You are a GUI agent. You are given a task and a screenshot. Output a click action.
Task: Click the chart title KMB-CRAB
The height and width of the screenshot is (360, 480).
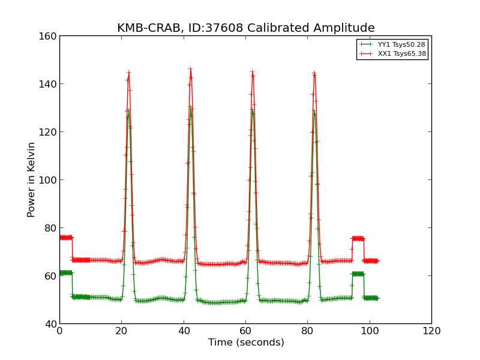[245, 28]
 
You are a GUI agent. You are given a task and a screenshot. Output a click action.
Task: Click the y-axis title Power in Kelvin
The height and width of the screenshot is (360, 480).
[32, 179]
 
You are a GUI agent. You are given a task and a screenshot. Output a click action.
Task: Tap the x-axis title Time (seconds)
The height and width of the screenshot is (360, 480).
[246, 343]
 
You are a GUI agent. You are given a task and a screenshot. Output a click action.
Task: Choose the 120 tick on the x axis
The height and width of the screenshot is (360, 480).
[431, 331]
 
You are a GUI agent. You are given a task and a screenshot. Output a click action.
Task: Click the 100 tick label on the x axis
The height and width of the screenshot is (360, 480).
[370, 331]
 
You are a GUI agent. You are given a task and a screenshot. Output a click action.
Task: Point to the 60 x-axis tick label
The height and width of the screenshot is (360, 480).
[245, 331]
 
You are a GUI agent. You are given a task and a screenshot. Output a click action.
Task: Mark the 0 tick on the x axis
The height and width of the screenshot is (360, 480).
[59, 331]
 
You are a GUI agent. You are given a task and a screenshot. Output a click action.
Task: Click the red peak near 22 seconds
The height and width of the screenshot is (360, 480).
[128, 73]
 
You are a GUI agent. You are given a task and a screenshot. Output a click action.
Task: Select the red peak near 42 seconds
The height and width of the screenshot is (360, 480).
[190, 69]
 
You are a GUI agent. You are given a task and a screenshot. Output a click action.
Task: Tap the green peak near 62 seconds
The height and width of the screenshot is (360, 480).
[253, 110]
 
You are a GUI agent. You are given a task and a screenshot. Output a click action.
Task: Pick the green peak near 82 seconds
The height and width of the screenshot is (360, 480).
[314, 111]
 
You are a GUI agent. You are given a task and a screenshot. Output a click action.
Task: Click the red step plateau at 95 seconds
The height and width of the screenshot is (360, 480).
[358, 239]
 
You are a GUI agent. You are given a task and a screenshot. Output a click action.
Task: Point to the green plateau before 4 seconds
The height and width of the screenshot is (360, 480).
[65, 272]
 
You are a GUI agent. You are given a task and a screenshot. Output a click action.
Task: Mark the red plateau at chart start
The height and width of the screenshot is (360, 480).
[65, 238]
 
